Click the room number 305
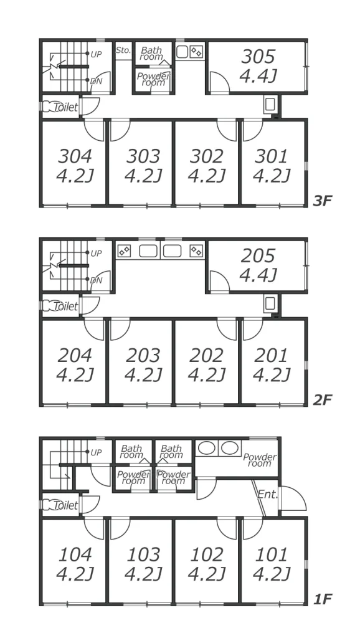pyautogui.click(x=258, y=57)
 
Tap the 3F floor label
pyautogui.click(x=323, y=201)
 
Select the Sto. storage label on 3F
pyautogui.click(x=123, y=50)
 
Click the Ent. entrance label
pyautogui.click(x=267, y=495)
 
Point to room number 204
pyautogui.click(x=75, y=355)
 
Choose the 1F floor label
pyautogui.click(x=323, y=599)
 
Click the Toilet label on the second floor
pyautogui.click(x=65, y=306)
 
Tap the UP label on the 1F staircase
pyautogui.click(x=96, y=452)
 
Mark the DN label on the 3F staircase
pyautogui.click(x=96, y=81)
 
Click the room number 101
pyautogui.click(x=272, y=554)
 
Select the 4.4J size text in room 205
pyautogui.click(x=258, y=275)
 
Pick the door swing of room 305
pyautogui.click(x=220, y=82)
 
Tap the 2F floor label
pyautogui.click(x=323, y=400)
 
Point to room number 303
pyautogui.click(x=143, y=156)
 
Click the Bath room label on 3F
pyautogui.click(x=151, y=54)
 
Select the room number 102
pyautogui.click(x=207, y=554)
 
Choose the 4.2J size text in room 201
pyautogui.click(x=272, y=374)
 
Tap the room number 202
pyautogui.click(x=207, y=355)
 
